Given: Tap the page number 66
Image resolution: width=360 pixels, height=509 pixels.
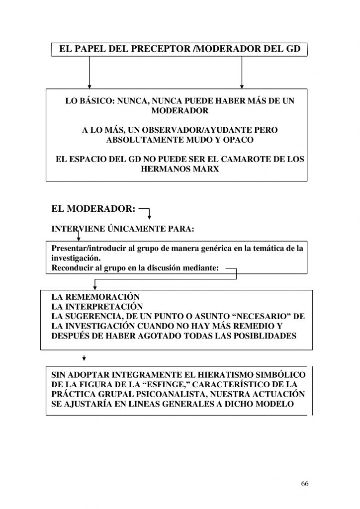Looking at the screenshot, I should (305, 484).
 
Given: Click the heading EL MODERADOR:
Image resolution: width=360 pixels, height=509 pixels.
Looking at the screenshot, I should (93, 209).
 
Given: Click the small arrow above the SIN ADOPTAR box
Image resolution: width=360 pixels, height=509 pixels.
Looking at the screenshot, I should (84, 358).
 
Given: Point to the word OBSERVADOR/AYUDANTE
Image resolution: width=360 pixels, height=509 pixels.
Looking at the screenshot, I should (179, 130).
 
